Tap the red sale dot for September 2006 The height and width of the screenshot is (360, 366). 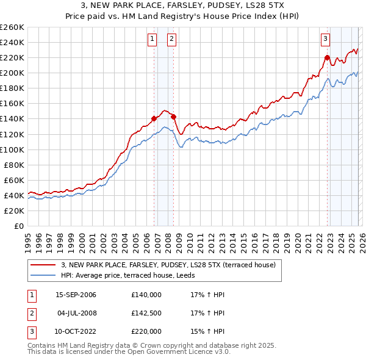coord(154,118)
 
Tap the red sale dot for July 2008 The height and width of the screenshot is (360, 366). coord(174,117)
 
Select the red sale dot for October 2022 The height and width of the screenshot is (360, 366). coord(327,57)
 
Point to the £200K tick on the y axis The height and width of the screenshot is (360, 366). coord(12,73)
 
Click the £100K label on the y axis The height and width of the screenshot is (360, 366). coord(12,149)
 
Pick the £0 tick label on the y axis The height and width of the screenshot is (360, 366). coord(18,226)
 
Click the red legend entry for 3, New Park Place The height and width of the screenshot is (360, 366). coord(168,265)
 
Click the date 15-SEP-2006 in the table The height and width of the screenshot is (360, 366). coord(76,295)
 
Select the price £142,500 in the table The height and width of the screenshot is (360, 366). coord(146,313)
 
